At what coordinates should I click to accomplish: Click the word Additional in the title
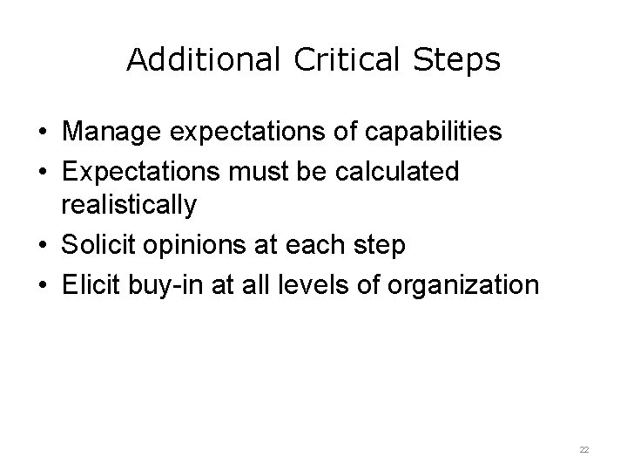pyautogui.click(x=203, y=60)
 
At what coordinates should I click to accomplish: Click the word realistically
pyautogui.click(x=129, y=206)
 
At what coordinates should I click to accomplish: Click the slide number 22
pyautogui.click(x=584, y=448)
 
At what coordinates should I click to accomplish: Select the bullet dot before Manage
pyautogui.click(x=42, y=133)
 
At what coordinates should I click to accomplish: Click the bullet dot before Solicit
pyautogui.click(x=42, y=247)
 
